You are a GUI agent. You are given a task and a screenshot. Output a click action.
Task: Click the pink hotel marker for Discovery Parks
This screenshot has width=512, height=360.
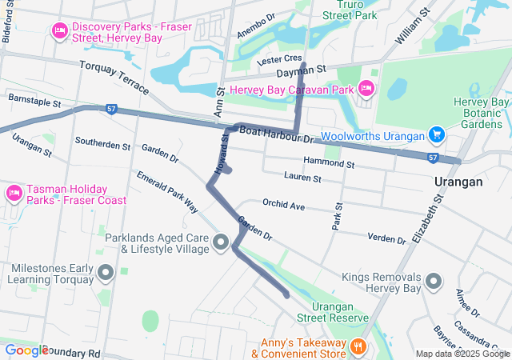[x=59, y=31]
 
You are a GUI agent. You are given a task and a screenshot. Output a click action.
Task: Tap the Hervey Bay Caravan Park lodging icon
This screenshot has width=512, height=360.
[x=366, y=87]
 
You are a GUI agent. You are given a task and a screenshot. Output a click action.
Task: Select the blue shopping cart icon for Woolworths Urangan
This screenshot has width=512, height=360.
[x=436, y=134]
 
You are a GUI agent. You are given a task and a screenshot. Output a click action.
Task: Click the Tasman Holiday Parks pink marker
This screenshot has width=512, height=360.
[x=14, y=193]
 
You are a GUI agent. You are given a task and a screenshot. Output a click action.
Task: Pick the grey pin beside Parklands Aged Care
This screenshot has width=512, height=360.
[x=222, y=242]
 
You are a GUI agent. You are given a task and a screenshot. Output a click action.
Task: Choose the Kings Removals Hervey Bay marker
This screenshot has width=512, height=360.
[x=434, y=281]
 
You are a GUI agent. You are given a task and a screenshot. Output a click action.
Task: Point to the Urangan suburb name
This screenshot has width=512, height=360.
[x=458, y=182]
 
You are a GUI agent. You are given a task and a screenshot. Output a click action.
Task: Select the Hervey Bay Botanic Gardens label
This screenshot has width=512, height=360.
[x=481, y=113]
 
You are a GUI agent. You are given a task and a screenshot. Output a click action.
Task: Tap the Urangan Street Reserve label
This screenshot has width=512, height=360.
[x=332, y=313]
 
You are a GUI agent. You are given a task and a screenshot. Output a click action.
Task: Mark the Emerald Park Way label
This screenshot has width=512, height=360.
[x=166, y=191]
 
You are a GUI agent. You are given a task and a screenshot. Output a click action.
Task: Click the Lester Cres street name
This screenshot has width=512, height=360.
[x=278, y=60]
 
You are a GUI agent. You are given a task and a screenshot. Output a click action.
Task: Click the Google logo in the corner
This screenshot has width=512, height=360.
[x=26, y=350]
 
